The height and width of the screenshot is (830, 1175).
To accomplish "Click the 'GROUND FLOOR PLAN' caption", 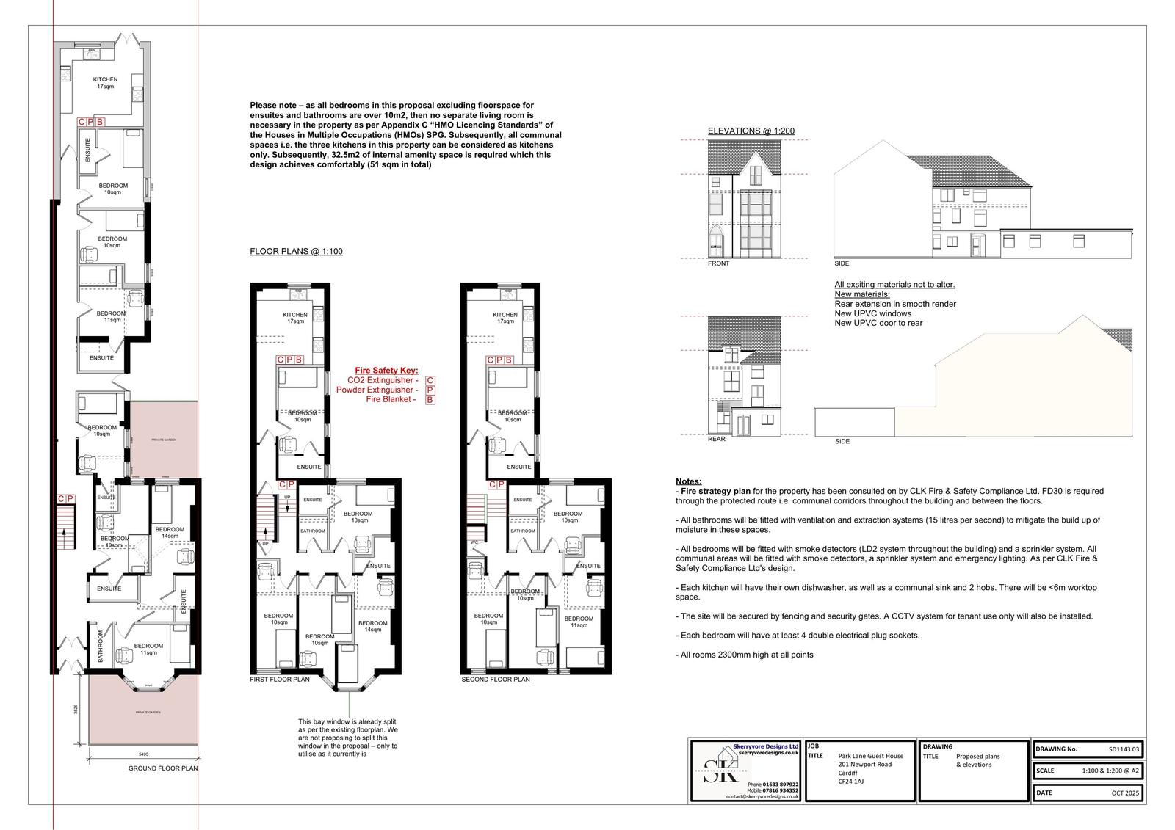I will tap(163, 768).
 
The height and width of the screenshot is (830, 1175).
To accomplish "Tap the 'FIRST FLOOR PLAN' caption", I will tap(280, 680).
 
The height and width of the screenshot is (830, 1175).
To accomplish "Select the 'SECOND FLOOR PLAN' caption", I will tap(495, 680).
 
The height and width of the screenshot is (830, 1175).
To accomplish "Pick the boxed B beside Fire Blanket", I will tap(430, 400).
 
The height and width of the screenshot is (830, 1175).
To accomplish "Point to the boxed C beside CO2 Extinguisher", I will tap(430, 381).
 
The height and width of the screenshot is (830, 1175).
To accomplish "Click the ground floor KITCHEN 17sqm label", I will tap(105, 83).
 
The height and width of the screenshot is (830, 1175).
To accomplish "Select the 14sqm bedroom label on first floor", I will tap(372, 625).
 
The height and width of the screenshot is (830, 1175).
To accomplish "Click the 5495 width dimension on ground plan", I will tap(143, 754).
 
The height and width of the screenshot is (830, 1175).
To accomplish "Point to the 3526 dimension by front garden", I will tap(76, 710).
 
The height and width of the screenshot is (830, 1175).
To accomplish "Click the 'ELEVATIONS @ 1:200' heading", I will tap(751, 131).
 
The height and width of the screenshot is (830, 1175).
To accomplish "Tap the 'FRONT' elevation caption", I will tap(718, 263).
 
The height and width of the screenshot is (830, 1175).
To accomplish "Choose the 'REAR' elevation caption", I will tap(716, 440).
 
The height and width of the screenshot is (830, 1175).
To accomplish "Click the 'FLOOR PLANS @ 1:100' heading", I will tap(296, 252).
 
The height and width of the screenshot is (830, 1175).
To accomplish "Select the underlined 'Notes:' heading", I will tap(688, 481).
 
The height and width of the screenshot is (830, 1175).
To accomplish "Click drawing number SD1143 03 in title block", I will tap(1124, 749).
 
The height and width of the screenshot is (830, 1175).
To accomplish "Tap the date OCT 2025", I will tap(1124, 793).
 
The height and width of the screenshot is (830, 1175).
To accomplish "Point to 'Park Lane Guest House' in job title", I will tap(870, 755).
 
